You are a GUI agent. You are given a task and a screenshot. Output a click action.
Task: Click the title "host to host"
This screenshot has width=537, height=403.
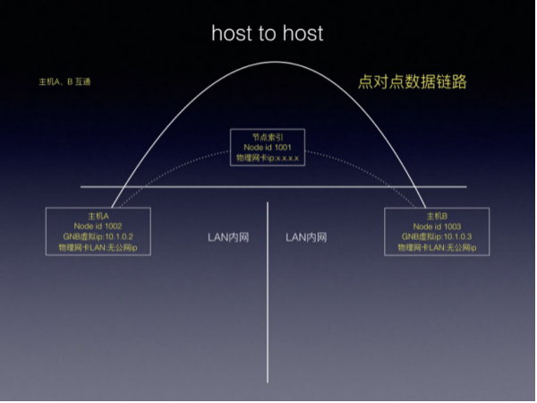click(268, 33)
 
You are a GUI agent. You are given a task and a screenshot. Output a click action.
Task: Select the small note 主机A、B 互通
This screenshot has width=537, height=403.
click(64, 81)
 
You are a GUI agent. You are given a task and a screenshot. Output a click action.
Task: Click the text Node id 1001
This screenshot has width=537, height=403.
click(268, 146)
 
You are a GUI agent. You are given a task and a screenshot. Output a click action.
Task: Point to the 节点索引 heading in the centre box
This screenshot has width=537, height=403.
click(268, 136)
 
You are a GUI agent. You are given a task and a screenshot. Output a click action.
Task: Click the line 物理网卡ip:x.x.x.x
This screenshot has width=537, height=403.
click(268, 157)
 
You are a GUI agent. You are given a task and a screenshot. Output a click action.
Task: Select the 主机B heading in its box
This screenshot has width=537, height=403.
click(437, 215)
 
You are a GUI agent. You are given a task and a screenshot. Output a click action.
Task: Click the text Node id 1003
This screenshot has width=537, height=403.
click(437, 226)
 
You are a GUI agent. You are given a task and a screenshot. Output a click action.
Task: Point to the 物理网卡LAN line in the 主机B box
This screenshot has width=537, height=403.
click(437, 247)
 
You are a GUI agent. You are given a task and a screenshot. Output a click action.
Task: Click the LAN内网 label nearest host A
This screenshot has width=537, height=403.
click(228, 237)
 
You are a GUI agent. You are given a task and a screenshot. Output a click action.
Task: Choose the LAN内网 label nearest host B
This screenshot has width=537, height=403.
click(306, 237)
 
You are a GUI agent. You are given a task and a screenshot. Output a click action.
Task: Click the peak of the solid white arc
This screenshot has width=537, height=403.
click(268, 62)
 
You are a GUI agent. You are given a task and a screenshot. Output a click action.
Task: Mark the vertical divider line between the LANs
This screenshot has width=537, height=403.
click(268, 296)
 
